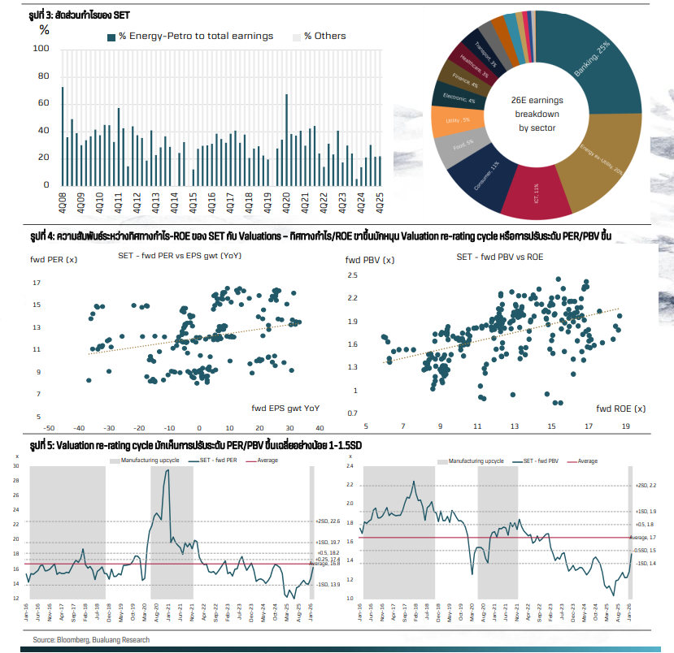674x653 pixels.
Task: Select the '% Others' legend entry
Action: coord(324,37)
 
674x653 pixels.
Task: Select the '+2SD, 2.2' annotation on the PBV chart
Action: coord(646,486)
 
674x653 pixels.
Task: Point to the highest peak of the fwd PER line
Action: coord(167,470)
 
